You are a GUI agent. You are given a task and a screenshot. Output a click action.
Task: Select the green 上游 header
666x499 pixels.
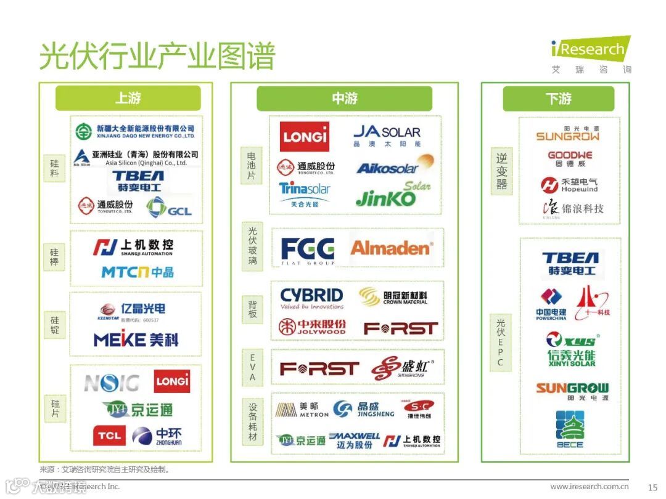[128, 99]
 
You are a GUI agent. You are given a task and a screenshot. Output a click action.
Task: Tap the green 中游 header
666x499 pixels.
[344, 99]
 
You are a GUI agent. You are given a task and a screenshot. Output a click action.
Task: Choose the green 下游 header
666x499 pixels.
[558, 99]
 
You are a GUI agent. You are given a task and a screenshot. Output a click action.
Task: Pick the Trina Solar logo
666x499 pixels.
[305, 193]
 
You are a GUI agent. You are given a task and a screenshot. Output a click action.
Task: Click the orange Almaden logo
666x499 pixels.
[391, 248]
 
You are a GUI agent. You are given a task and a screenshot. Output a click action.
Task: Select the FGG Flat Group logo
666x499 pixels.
[308, 250]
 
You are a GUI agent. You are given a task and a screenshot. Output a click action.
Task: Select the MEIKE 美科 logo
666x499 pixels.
[136, 339]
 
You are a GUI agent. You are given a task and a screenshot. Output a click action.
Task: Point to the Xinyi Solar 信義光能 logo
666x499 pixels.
[572, 349]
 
